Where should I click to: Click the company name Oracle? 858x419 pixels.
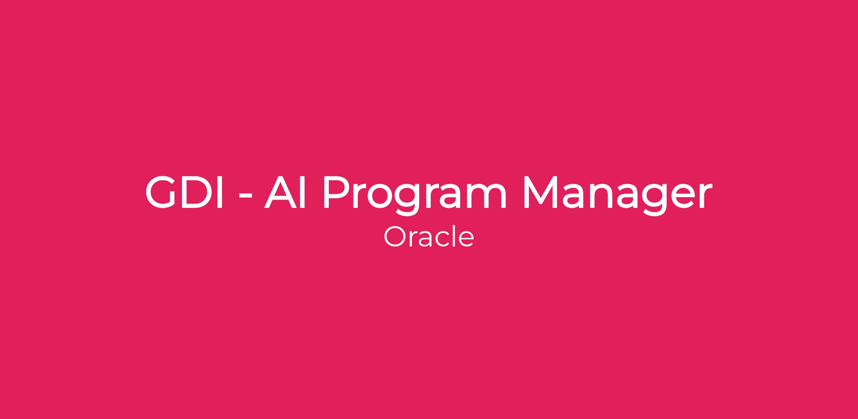pos(429,236)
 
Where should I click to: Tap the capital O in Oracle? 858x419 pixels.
pos(394,236)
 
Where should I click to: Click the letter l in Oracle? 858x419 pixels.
pos(453,236)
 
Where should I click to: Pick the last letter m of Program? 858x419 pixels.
pos(487,197)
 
